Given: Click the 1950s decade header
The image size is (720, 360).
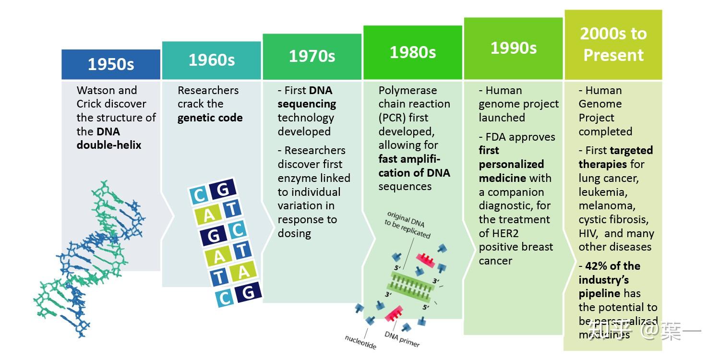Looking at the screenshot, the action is click(111, 64).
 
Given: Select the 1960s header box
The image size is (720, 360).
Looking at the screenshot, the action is click(212, 60).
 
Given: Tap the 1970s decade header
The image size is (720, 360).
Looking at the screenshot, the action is click(312, 56).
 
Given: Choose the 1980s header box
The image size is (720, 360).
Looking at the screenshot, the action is click(413, 52).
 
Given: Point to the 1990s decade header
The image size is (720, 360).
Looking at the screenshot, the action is click(513, 48).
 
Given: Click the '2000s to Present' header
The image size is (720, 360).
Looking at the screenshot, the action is click(613, 44).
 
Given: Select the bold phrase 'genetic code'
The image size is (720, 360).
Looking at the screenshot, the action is click(210, 118).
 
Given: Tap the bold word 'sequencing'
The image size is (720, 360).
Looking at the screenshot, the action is click(307, 104).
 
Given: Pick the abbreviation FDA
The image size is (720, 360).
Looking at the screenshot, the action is click(501, 137).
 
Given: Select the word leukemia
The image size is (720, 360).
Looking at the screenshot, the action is click(603, 192).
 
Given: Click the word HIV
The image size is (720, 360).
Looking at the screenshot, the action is click(588, 233).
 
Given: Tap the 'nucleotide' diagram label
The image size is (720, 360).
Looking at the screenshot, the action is click(360, 342).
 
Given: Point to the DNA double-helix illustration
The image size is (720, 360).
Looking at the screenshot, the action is click(91, 259).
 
